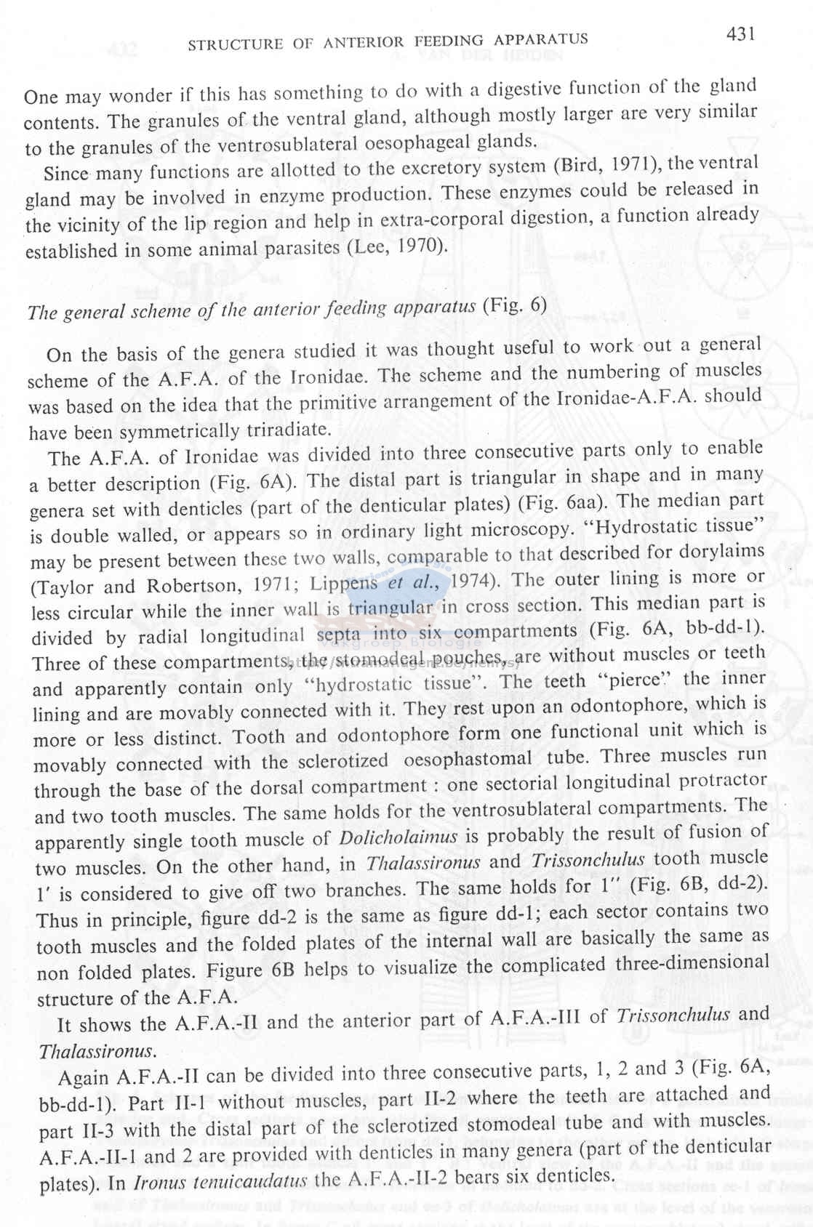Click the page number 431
740,34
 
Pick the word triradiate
284,430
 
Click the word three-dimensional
692,963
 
